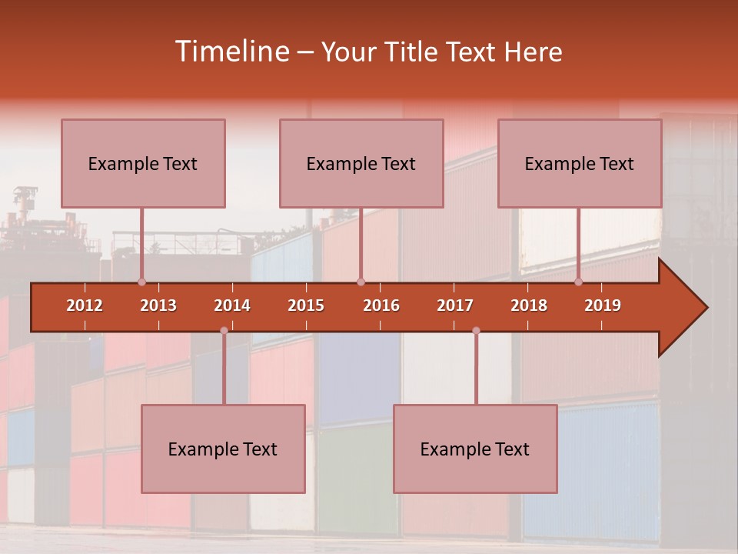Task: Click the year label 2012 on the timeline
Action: tap(85, 305)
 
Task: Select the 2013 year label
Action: tap(158, 305)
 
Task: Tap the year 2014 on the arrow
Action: tap(232, 305)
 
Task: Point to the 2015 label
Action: tap(306, 305)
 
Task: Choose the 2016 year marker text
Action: tap(381, 305)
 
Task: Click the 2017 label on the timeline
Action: tap(455, 305)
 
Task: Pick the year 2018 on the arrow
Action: tap(529, 305)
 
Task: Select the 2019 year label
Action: tap(603, 305)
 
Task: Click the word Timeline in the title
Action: tap(231, 52)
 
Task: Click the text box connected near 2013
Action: tap(143, 163)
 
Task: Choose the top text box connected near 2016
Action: tap(361, 163)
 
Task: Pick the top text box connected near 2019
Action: tap(580, 163)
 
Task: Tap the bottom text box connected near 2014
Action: tap(223, 449)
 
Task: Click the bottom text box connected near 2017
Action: tap(475, 449)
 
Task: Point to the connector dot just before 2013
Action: tap(141, 282)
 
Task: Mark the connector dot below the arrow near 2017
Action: tap(476, 331)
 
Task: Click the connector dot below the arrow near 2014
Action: tap(224, 331)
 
